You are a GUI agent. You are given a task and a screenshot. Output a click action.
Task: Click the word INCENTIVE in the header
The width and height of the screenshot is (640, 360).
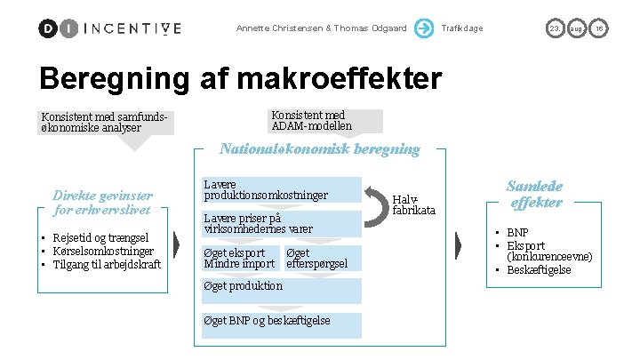[132, 28]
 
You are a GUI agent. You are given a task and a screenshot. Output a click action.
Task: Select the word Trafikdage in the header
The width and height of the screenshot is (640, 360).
[462, 28]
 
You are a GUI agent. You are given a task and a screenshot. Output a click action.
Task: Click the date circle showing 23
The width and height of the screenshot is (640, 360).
[554, 28]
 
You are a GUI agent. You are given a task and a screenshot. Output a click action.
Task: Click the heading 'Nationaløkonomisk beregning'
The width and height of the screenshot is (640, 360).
[320, 149]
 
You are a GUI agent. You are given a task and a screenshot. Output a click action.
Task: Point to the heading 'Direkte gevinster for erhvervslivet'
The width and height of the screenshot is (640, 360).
[103, 203]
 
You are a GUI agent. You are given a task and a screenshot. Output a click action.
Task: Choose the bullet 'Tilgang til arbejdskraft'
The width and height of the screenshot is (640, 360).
[107, 264]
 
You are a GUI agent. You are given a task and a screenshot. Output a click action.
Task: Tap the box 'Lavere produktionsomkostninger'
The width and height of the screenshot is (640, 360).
[267, 189]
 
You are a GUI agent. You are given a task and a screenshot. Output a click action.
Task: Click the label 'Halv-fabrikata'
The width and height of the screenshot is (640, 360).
[414, 204]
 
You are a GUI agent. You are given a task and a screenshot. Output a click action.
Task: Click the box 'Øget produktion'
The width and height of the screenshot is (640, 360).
[244, 286]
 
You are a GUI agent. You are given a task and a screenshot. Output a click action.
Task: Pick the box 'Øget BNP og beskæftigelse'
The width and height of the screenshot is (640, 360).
[267, 321]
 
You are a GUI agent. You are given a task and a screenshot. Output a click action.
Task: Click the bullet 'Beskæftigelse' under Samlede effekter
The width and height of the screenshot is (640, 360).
[539, 269]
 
